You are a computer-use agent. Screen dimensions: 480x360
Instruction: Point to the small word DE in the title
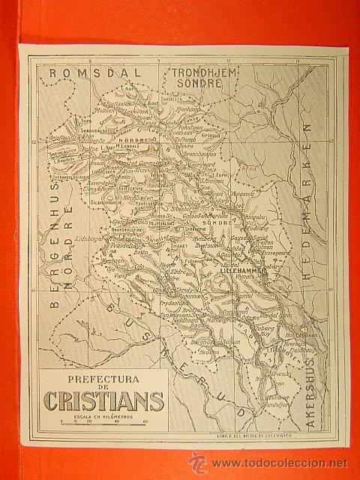(103, 390)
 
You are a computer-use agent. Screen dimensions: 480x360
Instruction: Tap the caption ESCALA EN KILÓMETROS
(103, 415)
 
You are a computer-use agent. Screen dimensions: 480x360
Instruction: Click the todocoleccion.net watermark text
(277, 463)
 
